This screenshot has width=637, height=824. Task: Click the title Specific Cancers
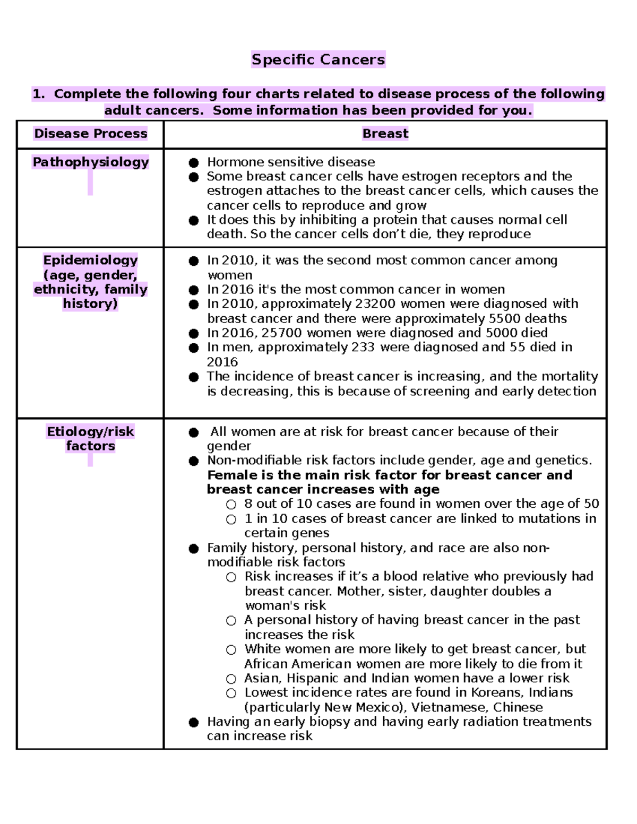point(318,59)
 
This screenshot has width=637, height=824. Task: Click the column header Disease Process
point(90,134)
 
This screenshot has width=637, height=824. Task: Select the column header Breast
point(385,134)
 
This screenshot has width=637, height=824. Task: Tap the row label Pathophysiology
point(90,162)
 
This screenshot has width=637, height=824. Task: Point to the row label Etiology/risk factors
point(90,438)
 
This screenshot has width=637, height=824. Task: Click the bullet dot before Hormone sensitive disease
point(194,162)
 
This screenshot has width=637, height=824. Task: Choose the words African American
point(298,664)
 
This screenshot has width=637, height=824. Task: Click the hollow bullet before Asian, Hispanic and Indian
point(231,679)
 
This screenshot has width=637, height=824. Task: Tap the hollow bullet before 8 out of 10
point(231,504)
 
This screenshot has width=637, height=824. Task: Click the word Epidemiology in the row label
point(90,260)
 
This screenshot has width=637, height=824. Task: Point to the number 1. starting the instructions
point(39,94)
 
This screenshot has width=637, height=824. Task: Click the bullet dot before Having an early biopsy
point(194,722)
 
